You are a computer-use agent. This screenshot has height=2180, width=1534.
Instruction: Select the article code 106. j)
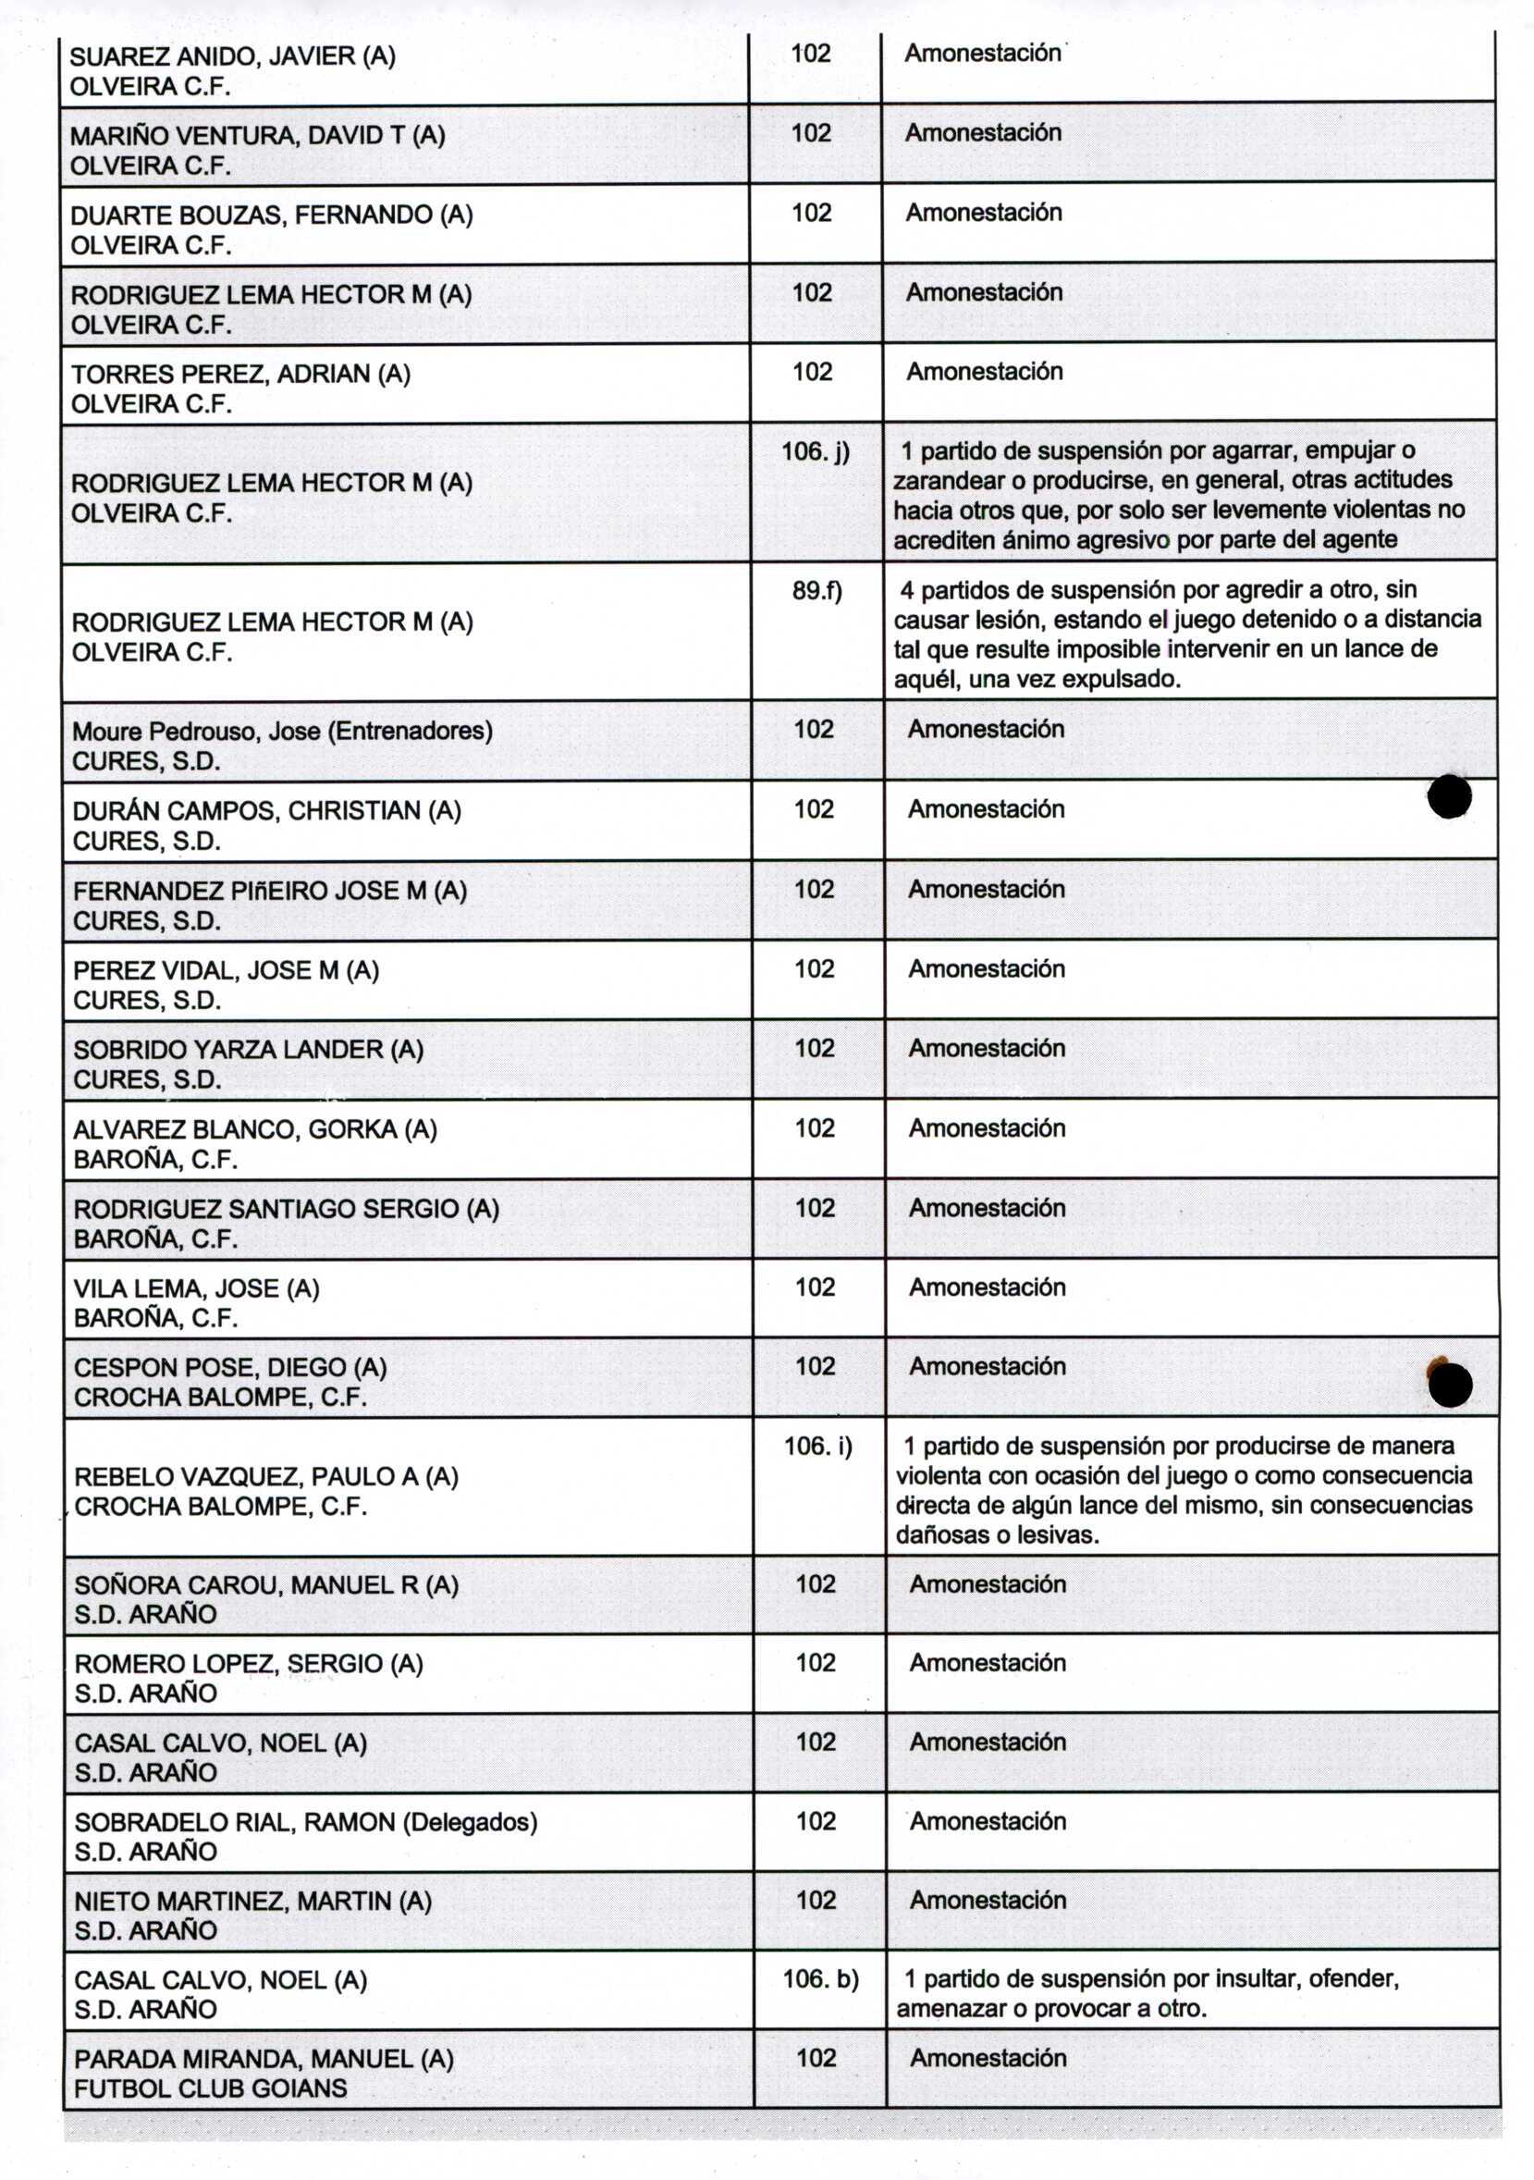coord(816,452)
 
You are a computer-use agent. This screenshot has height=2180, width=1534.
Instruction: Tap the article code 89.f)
coord(816,592)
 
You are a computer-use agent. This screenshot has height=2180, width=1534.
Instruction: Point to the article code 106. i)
coord(817,1446)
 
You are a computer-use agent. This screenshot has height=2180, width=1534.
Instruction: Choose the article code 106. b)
coord(820,1978)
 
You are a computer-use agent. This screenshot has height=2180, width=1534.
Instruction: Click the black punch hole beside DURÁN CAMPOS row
coord(1449,796)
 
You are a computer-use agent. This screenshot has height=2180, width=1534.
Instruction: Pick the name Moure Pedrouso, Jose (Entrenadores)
coord(282,731)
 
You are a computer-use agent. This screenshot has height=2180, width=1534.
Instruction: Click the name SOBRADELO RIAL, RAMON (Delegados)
coord(306,1822)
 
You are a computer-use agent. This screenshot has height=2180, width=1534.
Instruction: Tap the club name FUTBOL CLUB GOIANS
coord(211,2088)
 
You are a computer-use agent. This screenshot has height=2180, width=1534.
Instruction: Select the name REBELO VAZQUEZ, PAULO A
coord(265,1476)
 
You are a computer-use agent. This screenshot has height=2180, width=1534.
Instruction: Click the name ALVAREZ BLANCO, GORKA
coord(254,1129)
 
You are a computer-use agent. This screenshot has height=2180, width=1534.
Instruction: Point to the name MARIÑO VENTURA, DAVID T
coord(257,136)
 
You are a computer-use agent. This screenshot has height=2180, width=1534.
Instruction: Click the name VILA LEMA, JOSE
coord(195,1288)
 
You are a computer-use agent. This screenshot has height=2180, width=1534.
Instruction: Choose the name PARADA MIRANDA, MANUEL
coord(263,2059)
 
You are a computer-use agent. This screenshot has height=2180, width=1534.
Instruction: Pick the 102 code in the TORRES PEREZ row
coord(813,372)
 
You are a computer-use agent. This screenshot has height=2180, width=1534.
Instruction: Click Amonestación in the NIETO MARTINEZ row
coord(988,1900)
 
